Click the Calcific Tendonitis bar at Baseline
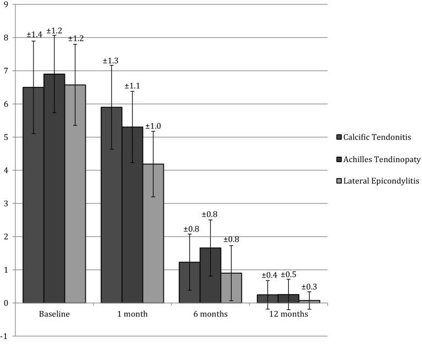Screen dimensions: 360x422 (x=34, y=195)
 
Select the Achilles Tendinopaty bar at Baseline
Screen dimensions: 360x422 (x=54, y=189)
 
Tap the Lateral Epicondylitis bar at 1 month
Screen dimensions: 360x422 (x=153, y=233)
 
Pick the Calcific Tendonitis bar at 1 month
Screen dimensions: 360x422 (x=111, y=205)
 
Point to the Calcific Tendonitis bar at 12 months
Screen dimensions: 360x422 (x=267, y=298)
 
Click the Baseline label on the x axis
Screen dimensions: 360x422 (x=54, y=314)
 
